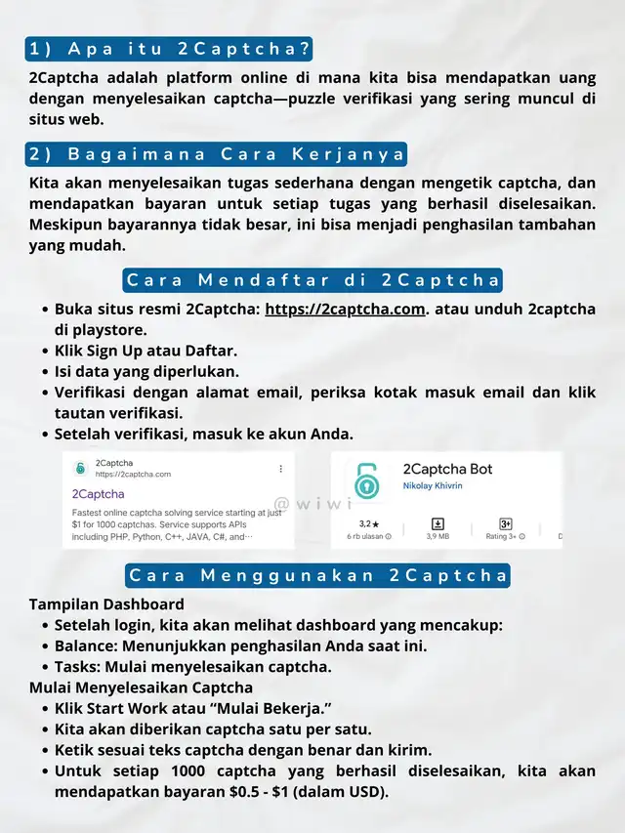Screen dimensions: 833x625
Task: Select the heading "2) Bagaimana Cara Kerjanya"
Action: coord(215,154)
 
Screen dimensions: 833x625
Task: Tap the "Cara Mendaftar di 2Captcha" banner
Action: coord(312,280)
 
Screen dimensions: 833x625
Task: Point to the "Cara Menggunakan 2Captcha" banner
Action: coord(317,575)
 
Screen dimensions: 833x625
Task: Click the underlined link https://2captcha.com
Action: coord(346,309)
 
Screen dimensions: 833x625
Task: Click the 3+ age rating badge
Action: coord(506,523)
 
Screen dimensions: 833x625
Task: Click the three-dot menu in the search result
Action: coord(281,468)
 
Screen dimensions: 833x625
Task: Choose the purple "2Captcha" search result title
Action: coord(99,493)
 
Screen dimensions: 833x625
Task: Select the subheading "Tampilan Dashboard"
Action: coord(106,604)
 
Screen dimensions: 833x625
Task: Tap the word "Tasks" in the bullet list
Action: coord(74,667)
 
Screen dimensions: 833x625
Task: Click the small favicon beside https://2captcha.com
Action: coord(79,469)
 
